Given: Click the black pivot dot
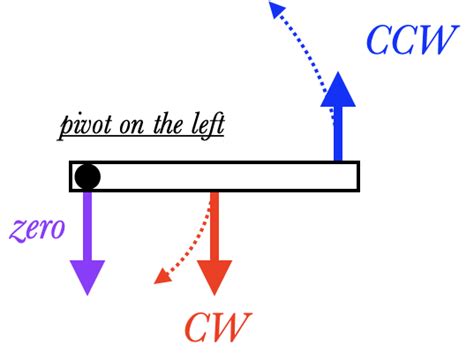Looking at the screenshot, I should (x=88, y=177).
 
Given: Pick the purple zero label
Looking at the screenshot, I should (x=38, y=227).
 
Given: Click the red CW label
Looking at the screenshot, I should (x=217, y=325).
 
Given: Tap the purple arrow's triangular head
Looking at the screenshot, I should (x=88, y=276).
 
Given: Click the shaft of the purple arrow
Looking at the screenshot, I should (x=88, y=225).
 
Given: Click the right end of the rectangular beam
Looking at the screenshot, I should (x=355, y=176).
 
